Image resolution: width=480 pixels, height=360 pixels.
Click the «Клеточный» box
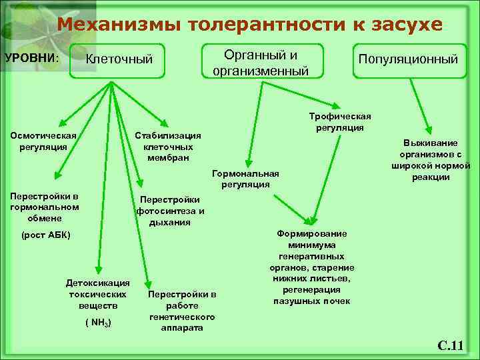[119, 60]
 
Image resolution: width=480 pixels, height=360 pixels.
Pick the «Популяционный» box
[408, 59]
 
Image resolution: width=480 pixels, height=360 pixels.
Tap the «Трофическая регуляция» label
[339, 121]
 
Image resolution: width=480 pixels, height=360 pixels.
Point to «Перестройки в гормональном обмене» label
[44, 207]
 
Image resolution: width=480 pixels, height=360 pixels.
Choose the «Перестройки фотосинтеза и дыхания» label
[169, 211]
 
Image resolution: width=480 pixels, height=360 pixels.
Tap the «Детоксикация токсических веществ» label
[98, 293]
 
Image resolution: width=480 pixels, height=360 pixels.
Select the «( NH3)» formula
[98, 323]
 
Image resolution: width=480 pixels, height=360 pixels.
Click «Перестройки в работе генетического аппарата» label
[181, 311]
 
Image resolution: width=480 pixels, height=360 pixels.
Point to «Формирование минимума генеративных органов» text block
[313, 267]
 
